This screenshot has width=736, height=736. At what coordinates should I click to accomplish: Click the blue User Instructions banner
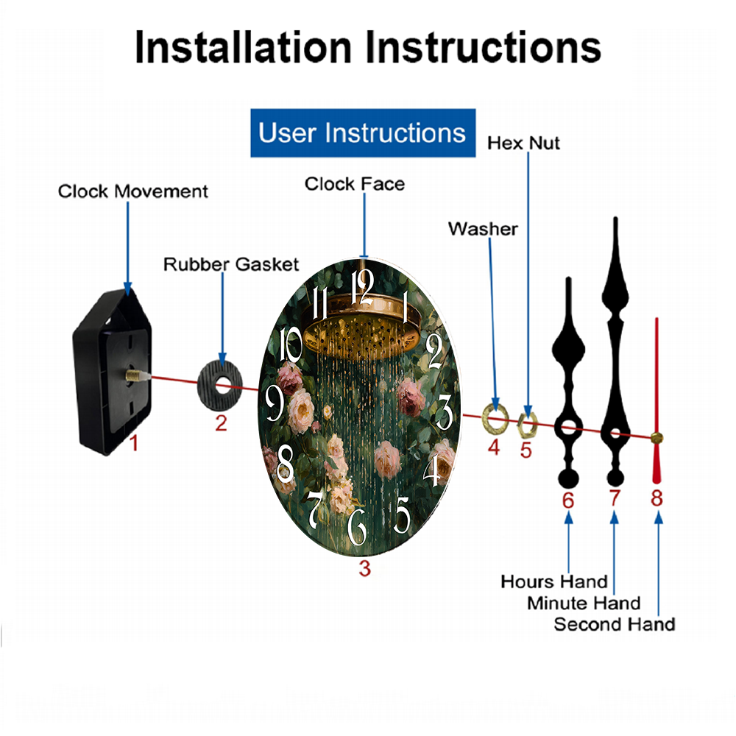362,132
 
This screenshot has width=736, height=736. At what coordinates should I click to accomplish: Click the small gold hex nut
527,422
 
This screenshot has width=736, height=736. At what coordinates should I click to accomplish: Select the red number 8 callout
657,498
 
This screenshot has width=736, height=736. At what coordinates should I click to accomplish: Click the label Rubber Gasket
231,264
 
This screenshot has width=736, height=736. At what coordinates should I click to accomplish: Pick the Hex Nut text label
523,143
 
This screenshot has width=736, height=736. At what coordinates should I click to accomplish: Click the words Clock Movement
133,191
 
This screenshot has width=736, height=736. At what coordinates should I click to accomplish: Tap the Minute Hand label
584,604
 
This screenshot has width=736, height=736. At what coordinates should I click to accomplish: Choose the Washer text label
483,229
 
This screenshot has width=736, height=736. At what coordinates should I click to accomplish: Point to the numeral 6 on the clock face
357,527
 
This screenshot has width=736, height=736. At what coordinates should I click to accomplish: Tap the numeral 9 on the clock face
275,403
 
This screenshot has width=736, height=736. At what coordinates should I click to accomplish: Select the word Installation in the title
243,48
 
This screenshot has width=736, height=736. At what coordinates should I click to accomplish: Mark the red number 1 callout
133,444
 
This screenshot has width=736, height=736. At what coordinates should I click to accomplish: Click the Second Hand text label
614,625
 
